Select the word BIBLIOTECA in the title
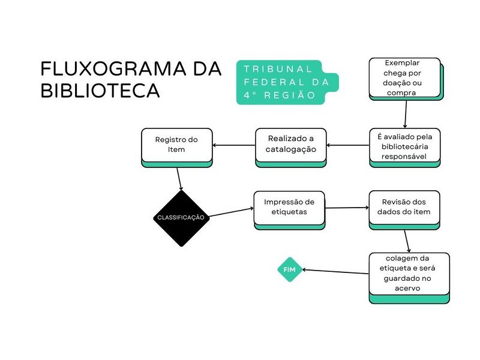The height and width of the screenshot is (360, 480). point(100,91)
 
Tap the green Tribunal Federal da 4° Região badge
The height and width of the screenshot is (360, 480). point(287,82)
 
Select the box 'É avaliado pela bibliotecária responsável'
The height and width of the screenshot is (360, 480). point(404,146)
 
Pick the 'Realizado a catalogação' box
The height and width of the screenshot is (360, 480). point(290,145)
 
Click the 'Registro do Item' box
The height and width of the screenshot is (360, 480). point(176,145)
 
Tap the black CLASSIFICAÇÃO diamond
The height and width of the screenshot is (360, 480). point(181,217)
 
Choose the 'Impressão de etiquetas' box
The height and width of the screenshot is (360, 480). point(289,208)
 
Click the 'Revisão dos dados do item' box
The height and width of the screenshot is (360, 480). point(404,208)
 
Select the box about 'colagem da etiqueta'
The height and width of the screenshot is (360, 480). point(409,274)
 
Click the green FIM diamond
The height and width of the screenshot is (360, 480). point(289,270)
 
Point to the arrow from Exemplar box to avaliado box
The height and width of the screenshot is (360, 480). point(406,114)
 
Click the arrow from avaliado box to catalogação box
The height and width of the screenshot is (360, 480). point(348,145)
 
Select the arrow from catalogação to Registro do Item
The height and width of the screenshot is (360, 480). point(234,145)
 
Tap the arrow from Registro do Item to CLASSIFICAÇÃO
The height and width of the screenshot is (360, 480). point(179,178)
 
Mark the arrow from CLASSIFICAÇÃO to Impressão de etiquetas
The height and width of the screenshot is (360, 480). point(231,212)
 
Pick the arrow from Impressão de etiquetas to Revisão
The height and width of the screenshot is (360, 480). point(347,208)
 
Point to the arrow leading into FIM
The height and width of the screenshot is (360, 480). point(335,272)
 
